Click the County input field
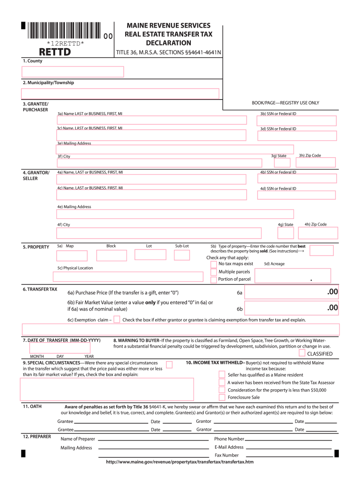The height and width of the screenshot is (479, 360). [72, 72]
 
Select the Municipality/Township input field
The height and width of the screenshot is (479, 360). [121, 94]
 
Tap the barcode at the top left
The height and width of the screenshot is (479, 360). [65, 31]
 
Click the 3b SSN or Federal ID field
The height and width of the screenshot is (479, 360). [298, 121]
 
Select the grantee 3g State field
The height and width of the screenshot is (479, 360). [282, 163]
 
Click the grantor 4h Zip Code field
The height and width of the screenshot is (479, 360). [316, 232]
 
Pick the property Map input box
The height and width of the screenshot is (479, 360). [72, 255]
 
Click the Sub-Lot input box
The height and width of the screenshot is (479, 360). [182, 255]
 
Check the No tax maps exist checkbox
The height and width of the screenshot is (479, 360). [214, 264]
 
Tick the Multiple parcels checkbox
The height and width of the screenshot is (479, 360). [214, 272]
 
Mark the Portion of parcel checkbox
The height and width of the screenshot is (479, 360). [214, 279]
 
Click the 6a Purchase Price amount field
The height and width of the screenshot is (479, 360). [290, 293]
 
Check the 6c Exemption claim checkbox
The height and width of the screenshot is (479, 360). [117, 319]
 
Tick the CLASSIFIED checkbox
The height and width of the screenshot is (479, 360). [302, 353]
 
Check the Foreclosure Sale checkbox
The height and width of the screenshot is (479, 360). [222, 397]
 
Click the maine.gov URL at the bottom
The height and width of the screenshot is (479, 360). [180, 462]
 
